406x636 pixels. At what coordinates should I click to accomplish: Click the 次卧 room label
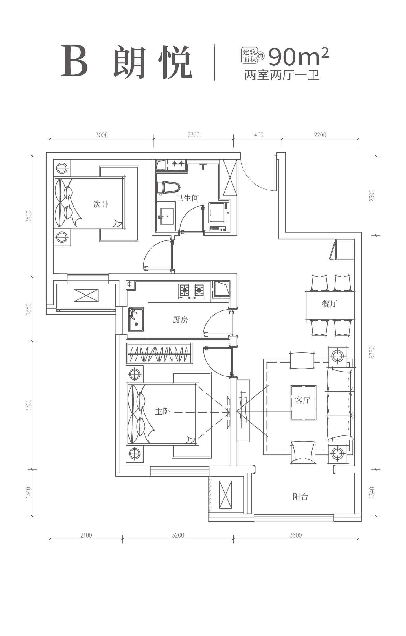(x=101, y=204)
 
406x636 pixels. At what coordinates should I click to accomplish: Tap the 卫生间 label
(x=187, y=198)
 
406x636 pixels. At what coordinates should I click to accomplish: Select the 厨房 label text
(x=180, y=320)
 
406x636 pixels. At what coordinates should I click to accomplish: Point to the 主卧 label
(x=163, y=411)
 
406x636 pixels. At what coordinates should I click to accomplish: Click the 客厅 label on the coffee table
(x=303, y=400)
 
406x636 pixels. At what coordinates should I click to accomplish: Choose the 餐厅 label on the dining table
(x=330, y=304)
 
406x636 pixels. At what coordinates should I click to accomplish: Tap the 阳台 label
(x=300, y=505)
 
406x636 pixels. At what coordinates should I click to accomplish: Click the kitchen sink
(x=137, y=320)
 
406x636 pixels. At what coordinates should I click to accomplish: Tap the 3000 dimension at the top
(x=102, y=135)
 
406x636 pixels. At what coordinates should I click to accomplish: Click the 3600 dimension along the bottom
(x=296, y=535)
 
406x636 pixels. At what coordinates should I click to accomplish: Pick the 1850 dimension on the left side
(x=28, y=309)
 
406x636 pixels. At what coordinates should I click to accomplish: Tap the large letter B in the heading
(x=74, y=61)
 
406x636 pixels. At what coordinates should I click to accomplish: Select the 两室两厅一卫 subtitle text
(x=282, y=76)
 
